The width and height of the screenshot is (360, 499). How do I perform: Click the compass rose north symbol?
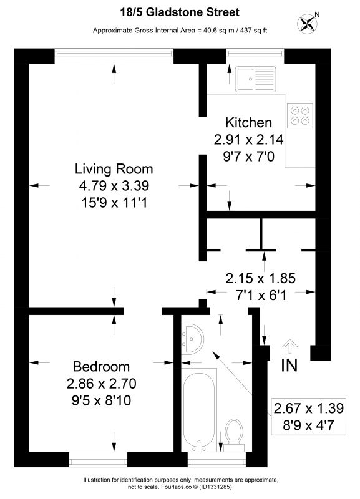coord(308,23)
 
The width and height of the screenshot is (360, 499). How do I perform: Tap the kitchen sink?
coord(256,79)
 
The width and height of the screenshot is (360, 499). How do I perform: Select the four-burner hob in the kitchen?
coord(300,115)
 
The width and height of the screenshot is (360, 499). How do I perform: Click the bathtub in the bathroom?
coord(199,410)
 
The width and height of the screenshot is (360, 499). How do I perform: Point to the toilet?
coord(234,435)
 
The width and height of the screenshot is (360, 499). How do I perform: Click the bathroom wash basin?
coord(192,338)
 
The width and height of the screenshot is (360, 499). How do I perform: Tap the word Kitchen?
coord(248,122)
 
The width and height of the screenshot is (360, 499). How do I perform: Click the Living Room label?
coord(114,168)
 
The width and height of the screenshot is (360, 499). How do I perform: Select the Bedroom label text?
coord(101,367)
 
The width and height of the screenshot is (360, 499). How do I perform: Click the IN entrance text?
coord(289,366)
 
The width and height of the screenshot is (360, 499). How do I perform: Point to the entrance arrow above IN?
coord(290,346)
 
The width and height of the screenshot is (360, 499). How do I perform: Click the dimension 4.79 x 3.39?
coord(114,185)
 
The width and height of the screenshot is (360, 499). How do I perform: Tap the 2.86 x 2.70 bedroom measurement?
coord(101,384)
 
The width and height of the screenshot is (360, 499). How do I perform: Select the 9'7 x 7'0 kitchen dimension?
coord(248,157)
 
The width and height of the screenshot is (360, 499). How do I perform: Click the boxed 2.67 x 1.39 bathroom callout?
coord(309,416)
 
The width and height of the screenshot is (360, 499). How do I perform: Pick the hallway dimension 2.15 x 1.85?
coord(261,278)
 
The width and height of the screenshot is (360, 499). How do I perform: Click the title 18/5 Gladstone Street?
coord(180,12)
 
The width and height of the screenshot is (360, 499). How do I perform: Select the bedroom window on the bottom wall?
coord(98,460)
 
